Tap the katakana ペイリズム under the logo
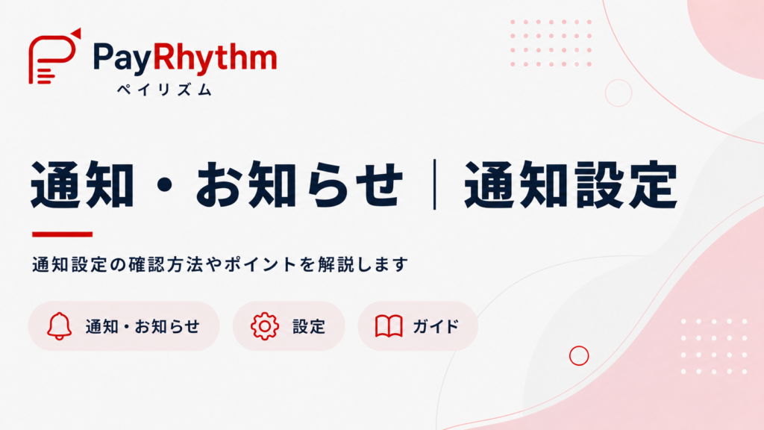[x=165, y=90]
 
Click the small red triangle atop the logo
[x=77, y=33]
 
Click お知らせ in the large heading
[x=300, y=185]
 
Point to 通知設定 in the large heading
[x=571, y=185]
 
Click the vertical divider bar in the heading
[x=434, y=185]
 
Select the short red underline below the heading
[x=63, y=234]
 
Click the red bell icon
[x=60, y=325]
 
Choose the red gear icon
[x=265, y=325]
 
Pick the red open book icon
[x=389, y=326]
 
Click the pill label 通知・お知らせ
[x=143, y=326]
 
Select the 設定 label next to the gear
[x=309, y=326]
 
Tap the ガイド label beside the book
[x=436, y=326]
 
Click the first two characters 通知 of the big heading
[x=82, y=185]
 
